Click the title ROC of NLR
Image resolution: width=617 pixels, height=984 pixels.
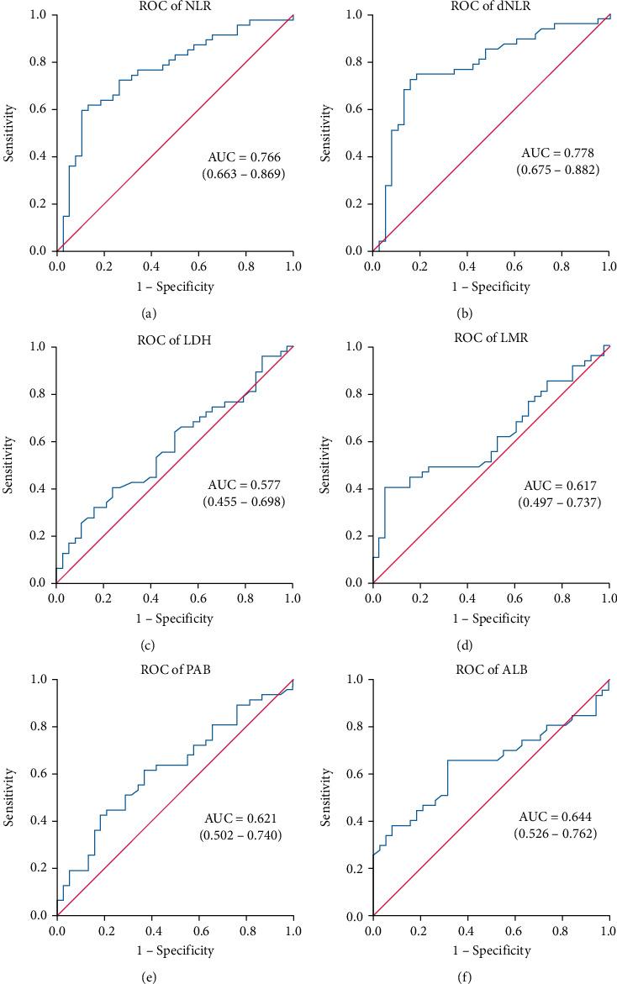[175, 8]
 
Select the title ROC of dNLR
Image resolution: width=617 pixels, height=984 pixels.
[490, 8]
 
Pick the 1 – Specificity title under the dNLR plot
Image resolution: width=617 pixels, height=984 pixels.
[491, 287]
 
